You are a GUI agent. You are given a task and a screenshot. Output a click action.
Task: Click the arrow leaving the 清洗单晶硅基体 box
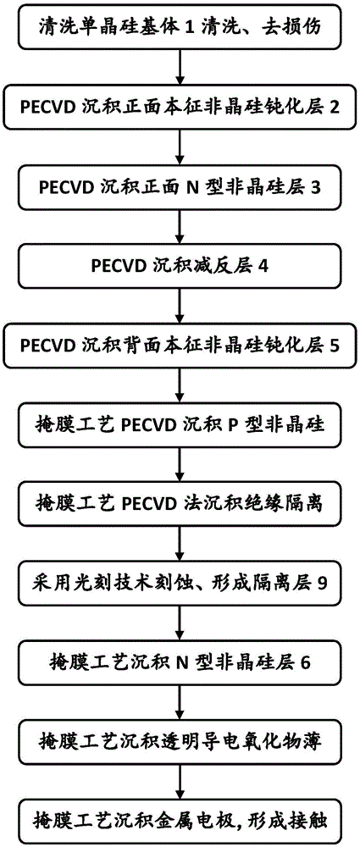pyautogui.click(x=179, y=69)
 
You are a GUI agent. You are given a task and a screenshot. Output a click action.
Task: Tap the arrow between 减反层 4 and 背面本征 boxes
pyautogui.click(x=179, y=306)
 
